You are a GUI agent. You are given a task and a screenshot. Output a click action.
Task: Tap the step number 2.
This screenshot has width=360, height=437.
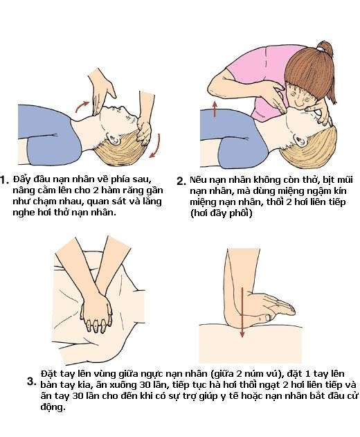181,181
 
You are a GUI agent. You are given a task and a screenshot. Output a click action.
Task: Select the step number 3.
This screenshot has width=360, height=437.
31,381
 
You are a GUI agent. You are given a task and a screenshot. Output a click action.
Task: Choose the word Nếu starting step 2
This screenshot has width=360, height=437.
199,179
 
